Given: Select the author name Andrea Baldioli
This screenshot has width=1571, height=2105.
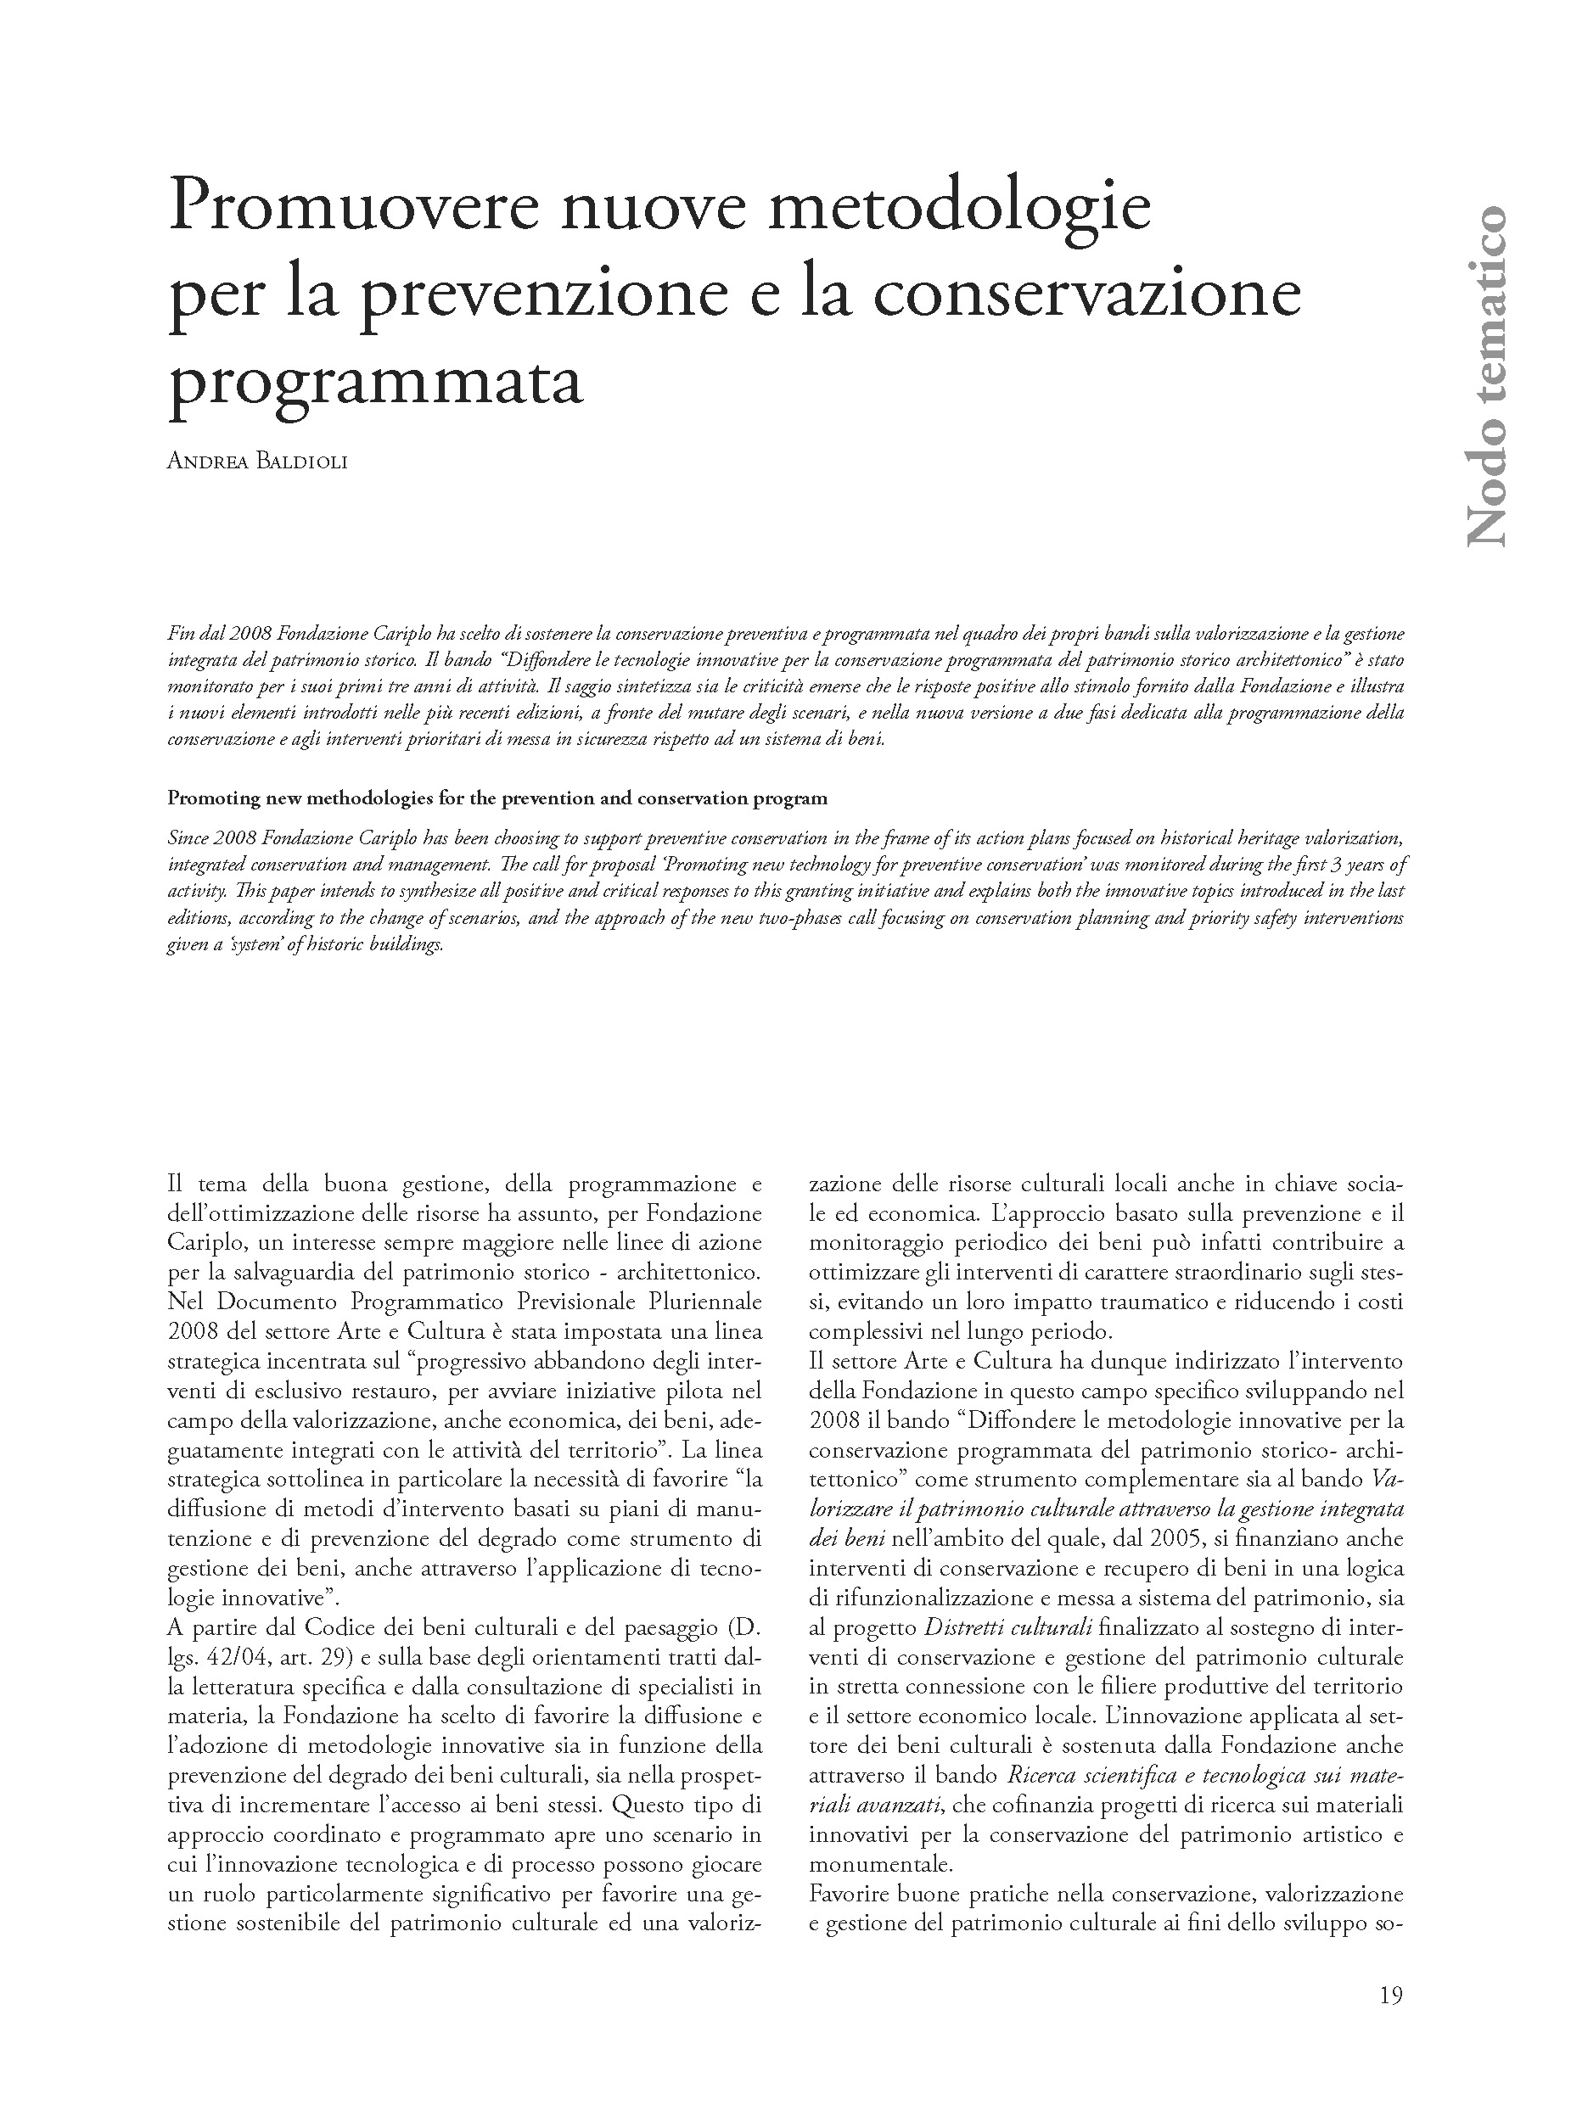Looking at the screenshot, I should coord(257,462).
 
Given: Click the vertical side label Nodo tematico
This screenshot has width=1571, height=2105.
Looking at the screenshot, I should coord(1484,375).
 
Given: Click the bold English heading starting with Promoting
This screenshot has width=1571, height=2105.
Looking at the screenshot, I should coord(497,798).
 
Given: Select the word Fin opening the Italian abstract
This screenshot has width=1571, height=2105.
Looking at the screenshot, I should coord(179,633).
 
